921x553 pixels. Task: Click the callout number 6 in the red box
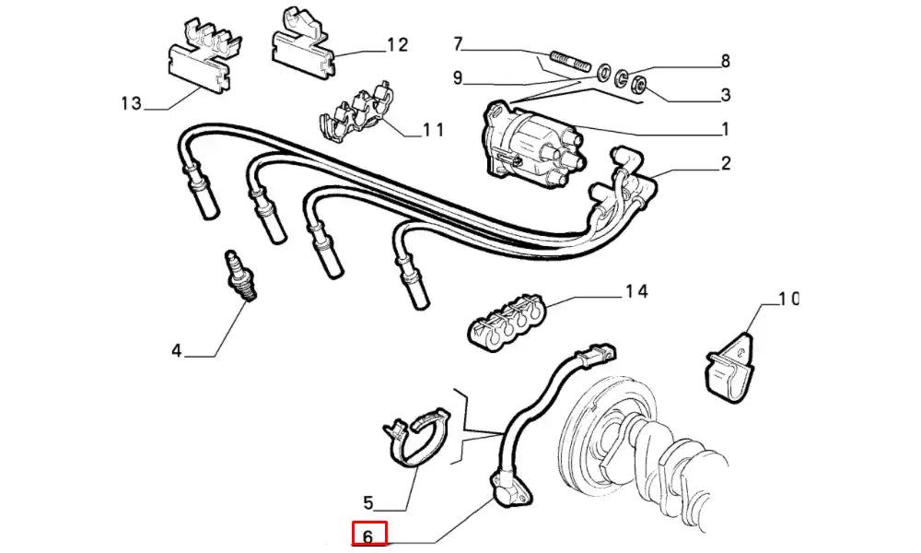(368, 535)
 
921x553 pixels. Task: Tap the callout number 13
(131, 102)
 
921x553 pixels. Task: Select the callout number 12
(397, 44)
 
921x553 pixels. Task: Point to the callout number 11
(433, 130)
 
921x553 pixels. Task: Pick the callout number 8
(725, 62)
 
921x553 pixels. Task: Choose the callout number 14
(636, 292)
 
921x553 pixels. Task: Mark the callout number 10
(787, 299)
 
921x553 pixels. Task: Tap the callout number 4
(177, 350)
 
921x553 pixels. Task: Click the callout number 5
(368, 502)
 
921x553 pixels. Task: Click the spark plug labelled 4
(241, 276)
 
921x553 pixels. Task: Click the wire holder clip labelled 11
(355, 112)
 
